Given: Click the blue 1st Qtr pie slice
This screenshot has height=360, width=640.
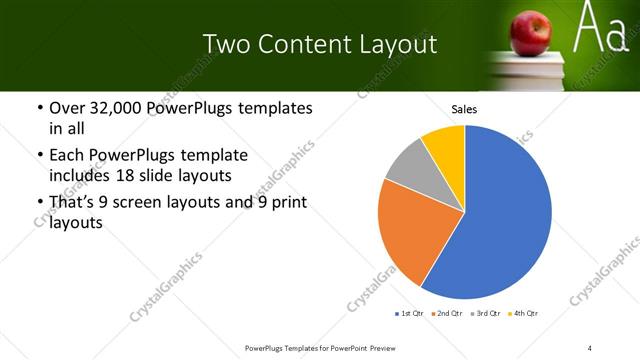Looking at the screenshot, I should click(505, 215).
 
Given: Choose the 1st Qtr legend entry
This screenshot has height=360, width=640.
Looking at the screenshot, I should click(409, 314).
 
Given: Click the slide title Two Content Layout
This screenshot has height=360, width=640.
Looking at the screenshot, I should click(319, 44).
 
